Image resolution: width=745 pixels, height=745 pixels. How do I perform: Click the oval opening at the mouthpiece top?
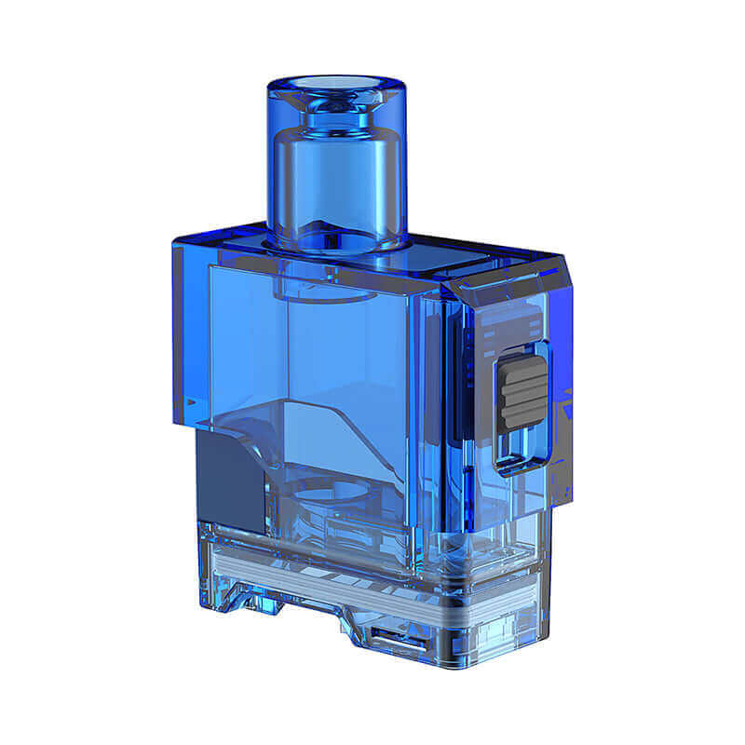coord(338,88)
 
